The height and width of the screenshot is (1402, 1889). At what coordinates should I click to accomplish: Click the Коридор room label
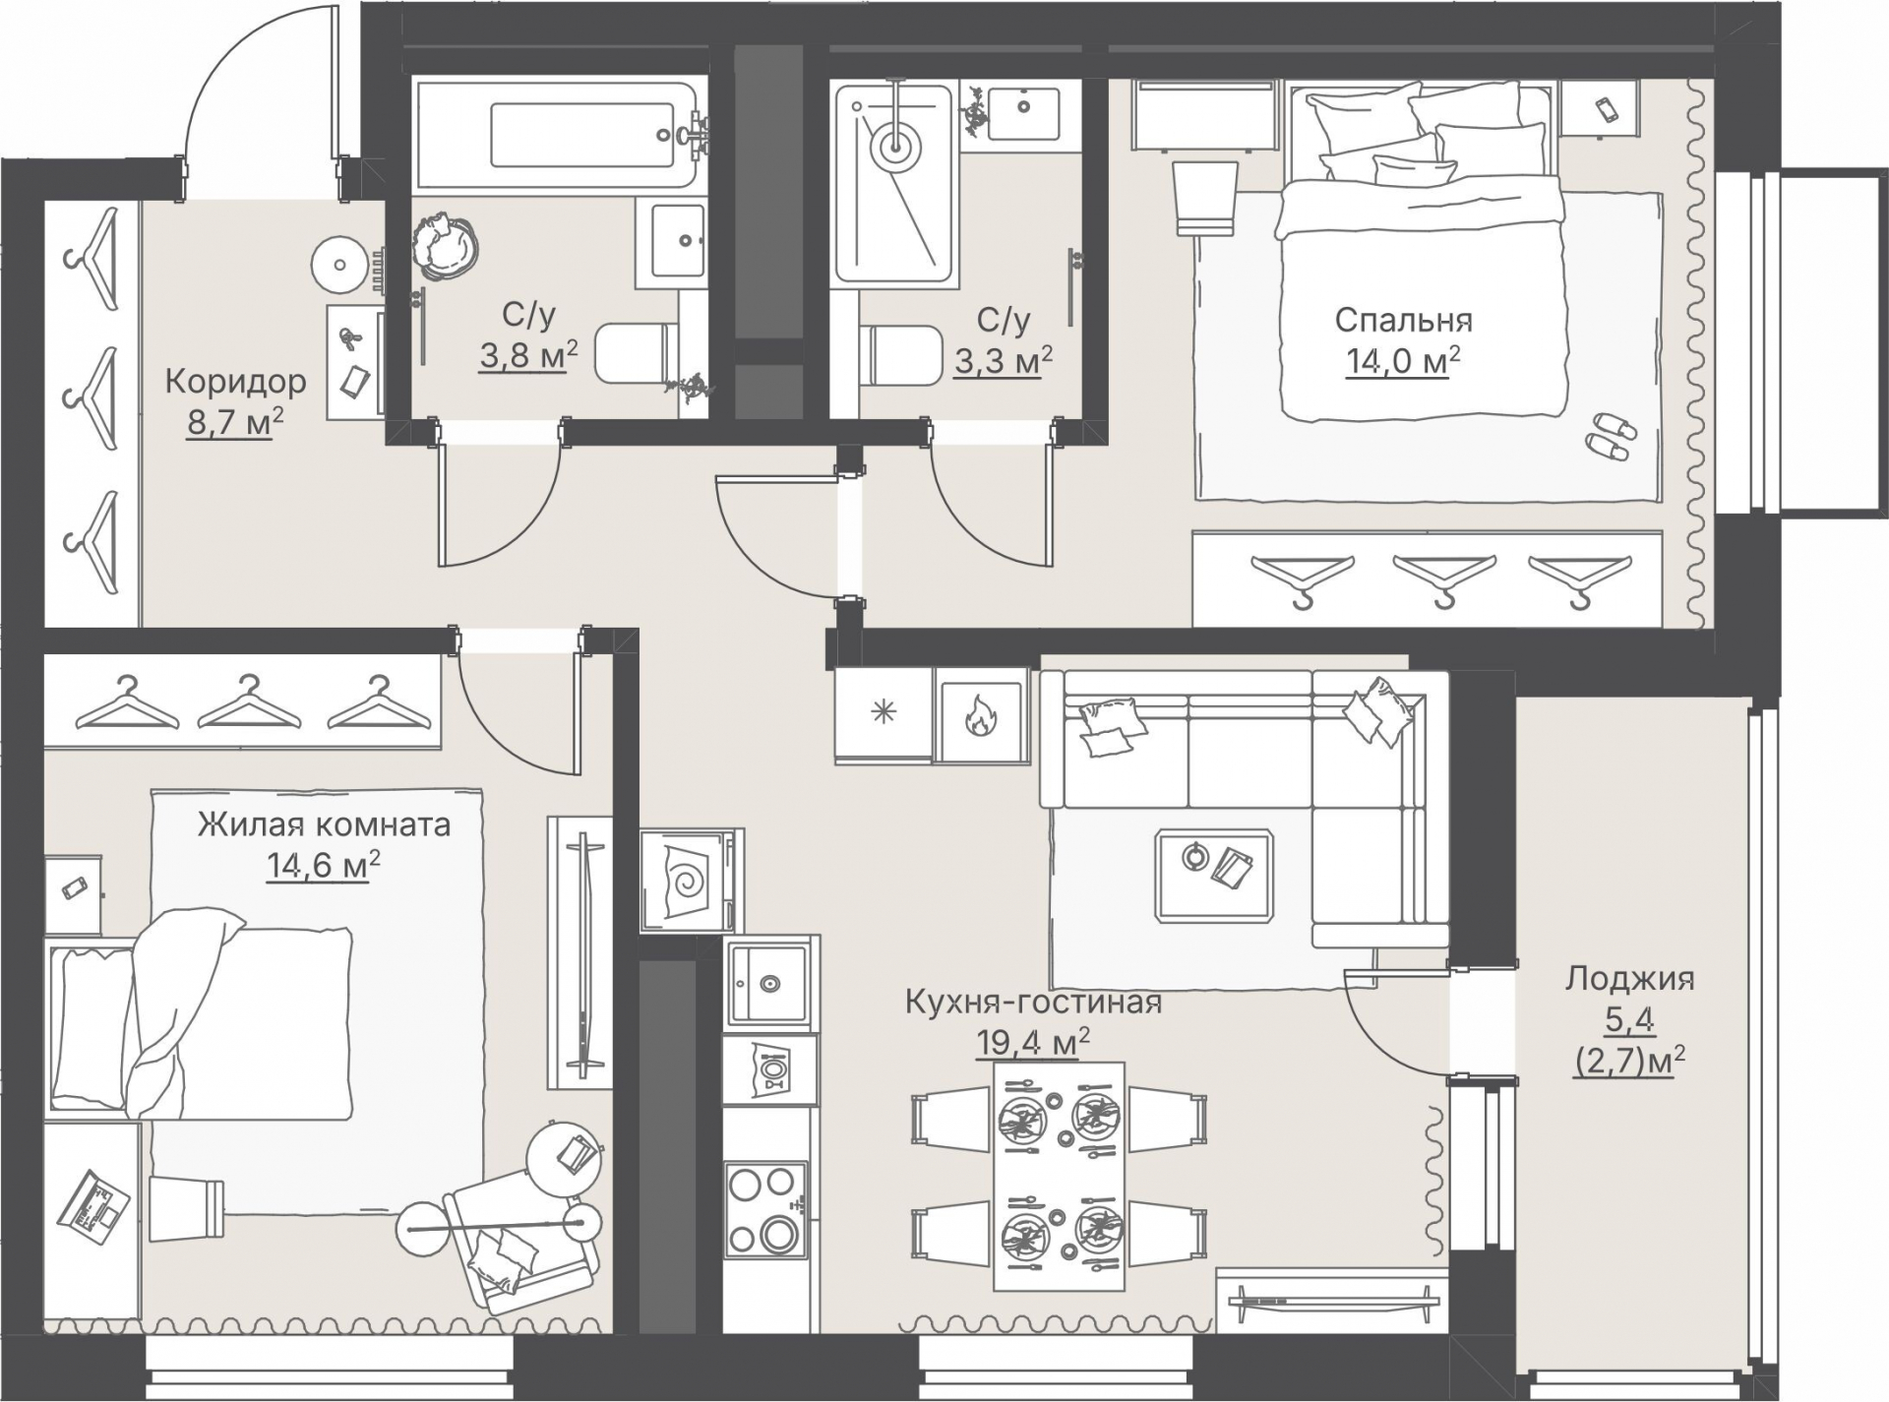(235, 382)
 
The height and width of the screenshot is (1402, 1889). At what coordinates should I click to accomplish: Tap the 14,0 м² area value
(1403, 361)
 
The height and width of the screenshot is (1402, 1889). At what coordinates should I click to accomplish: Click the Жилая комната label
(324, 823)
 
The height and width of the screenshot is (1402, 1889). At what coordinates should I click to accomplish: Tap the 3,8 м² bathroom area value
(528, 355)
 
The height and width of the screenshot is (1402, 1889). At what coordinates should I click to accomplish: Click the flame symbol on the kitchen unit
(980, 716)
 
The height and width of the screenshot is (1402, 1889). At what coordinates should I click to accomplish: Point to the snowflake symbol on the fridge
(884, 710)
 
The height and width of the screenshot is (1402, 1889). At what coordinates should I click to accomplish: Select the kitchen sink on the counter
(770, 983)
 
